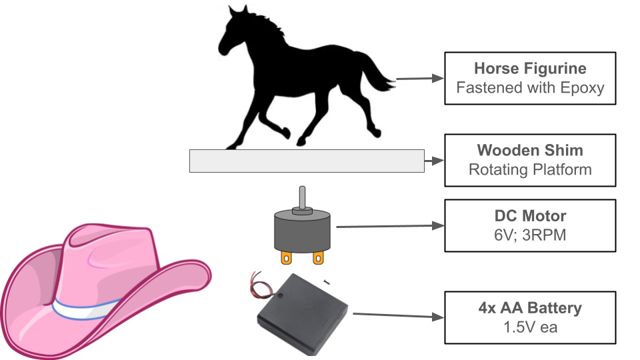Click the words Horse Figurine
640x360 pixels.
(x=530, y=69)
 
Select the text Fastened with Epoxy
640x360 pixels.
(x=530, y=87)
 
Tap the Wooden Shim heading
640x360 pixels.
(x=530, y=150)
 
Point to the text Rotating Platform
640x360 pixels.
(x=530, y=169)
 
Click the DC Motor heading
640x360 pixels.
(x=530, y=216)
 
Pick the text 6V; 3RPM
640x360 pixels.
(x=530, y=235)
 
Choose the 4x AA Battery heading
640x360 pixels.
(x=530, y=309)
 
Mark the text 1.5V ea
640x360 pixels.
(x=530, y=327)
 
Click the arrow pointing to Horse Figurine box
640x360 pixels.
(x=420, y=79)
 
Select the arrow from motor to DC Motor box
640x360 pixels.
(x=390, y=226)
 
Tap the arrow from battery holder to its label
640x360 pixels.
(x=397, y=315)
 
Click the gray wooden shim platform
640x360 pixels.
(x=307, y=161)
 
